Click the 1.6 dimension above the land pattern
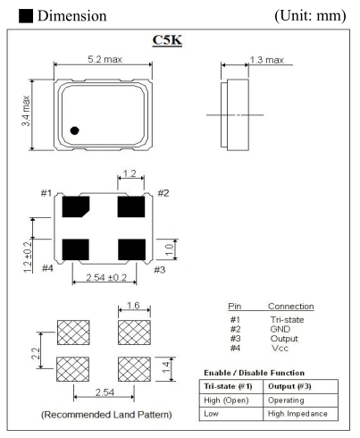(132, 308)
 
